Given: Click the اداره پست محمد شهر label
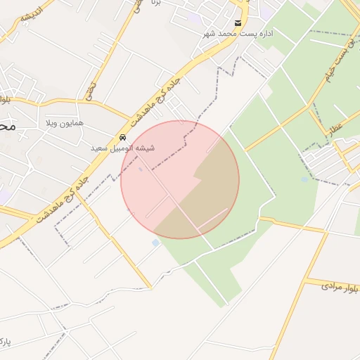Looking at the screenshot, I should click(238, 34).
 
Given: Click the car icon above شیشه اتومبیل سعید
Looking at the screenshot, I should click(123, 137).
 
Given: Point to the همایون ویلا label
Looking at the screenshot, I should click(64, 123).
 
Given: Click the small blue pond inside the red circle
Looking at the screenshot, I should click(141, 169).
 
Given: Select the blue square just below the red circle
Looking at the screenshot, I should click(155, 243).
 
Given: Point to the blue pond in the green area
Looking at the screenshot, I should click(304, 179).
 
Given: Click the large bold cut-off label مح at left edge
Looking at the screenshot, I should click(6, 127).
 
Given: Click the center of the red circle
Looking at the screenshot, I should click(180, 179).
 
